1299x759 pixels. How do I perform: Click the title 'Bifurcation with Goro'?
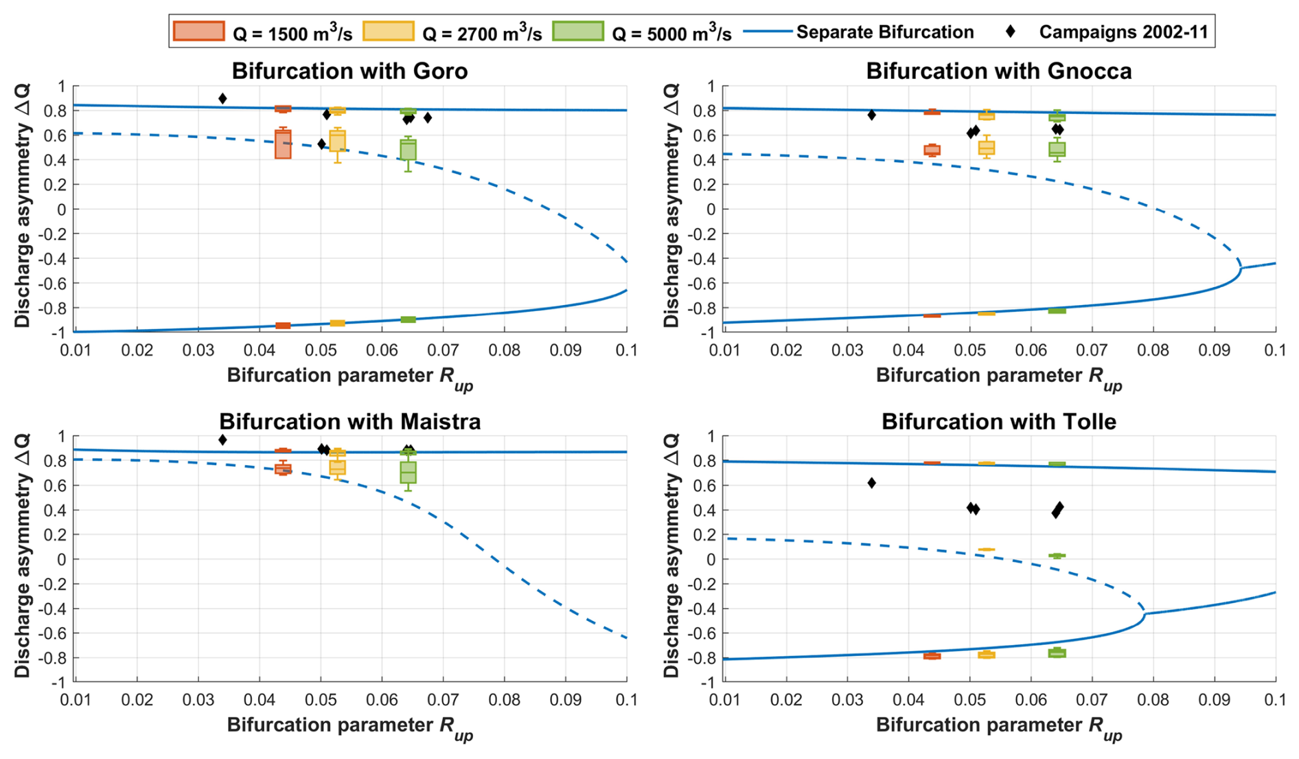[x=349, y=71]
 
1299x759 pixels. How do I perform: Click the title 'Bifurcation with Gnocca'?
[x=998, y=71]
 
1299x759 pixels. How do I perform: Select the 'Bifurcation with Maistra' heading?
[x=349, y=421]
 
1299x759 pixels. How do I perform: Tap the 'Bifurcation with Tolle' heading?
[x=998, y=421]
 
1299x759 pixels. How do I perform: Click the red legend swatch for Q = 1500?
[x=199, y=32]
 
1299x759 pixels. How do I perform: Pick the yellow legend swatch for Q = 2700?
[x=389, y=32]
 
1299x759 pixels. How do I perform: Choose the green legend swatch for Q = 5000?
[x=578, y=32]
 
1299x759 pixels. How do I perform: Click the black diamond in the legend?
[x=1010, y=32]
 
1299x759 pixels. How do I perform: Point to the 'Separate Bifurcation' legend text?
[x=884, y=32]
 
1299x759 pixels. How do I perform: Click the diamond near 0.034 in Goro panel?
[x=222, y=99]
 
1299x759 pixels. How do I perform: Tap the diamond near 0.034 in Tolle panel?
[x=871, y=483]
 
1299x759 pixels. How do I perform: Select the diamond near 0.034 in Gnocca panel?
[x=871, y=115]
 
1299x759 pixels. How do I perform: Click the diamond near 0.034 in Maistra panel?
[x=222, y=440]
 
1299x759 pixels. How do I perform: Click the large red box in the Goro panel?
[x=283, y=144]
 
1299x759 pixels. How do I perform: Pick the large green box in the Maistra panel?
[x=408, y=473]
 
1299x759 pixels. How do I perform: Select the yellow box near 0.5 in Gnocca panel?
[x=987, y=148]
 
